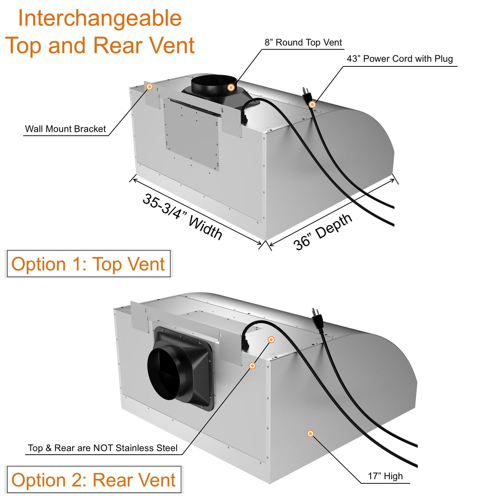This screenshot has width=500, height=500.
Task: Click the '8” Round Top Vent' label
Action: point(303,43)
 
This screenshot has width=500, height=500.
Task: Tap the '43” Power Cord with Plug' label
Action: point(400,59)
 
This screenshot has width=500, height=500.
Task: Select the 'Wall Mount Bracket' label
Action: point(65,129)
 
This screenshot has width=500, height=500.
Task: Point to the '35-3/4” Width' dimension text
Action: point(182,217)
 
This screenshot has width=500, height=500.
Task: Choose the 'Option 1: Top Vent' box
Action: point(89,264)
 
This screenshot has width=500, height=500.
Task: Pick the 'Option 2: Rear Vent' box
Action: point(94,480)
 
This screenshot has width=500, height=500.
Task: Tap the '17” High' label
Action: point(385,476)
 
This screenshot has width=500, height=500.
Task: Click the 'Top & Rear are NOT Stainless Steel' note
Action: point(103,448)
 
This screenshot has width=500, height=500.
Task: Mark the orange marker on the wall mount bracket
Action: point(149,87)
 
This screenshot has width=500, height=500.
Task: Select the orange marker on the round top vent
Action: point(231,88)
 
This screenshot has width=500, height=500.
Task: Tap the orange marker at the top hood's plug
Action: point(312,104)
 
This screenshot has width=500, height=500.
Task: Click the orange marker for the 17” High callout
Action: point(310,434)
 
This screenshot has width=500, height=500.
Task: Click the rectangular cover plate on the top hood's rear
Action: point(191,135)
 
